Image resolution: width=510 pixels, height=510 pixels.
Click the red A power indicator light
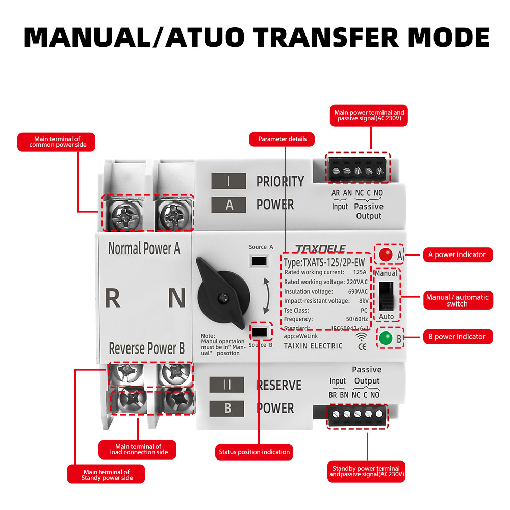pyautogui.click(x=385, y=254)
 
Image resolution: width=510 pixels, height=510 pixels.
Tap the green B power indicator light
pyautogui.click(x=385, y=338)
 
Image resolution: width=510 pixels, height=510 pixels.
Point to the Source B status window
pyautogui.click(x=260, y=332)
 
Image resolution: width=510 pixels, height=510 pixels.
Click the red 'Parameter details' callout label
pyautogui.click(x=282, y=139)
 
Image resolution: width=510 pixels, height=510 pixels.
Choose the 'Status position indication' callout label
pyautogui.click(x=254, y=452)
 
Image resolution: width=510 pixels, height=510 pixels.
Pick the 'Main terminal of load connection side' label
pyautogui.click(x=138, y=449)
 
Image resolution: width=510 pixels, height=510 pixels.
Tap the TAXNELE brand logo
pyautogui.click(x=320, y=249)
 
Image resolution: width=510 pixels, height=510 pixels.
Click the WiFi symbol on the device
pyautogui.click(x=362, y=336)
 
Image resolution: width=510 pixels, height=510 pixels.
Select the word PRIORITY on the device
pyautogui.click(x=280, y=182)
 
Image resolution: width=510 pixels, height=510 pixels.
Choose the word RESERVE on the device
pyautogui.click(x=278, y=385)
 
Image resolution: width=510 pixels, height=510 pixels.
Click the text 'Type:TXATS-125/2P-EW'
pyautogui.click(x=324, y=263)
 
